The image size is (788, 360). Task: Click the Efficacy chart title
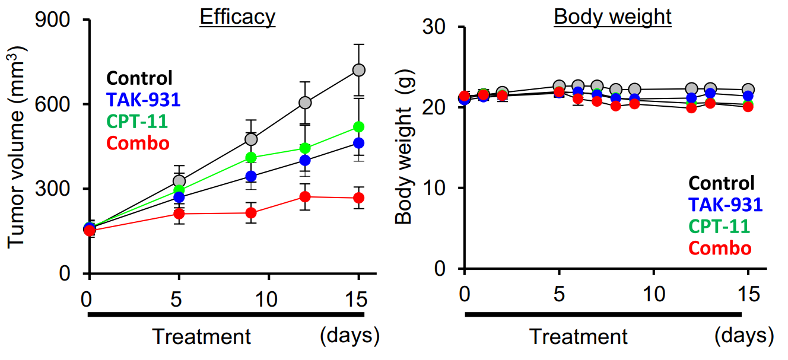coord(237,17)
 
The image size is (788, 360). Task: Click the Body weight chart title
coord(612,17)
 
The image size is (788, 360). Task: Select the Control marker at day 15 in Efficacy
coord(358,70)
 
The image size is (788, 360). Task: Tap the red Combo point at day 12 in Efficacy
coord(305,197)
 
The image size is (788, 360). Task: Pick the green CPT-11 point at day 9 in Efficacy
coord(251,157)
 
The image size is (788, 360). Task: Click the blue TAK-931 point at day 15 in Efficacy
coord(358,143)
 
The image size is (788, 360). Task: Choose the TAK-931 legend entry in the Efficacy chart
coord(144,100)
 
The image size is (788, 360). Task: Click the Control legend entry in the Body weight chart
coord(722,183)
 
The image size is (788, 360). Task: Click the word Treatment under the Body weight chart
coord(578,337)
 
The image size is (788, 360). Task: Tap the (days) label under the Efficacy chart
coord(349,336)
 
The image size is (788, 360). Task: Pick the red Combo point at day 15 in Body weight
coord(748,107)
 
